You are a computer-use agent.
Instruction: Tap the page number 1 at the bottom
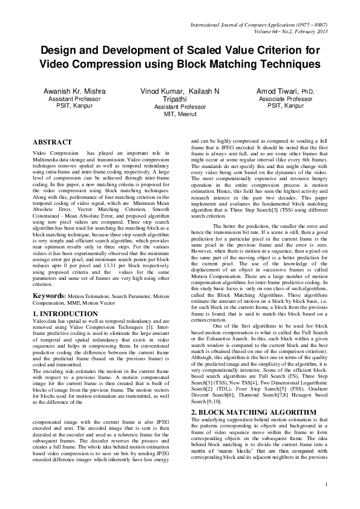point(326,501)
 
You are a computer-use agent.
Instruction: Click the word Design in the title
point(59,50)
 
